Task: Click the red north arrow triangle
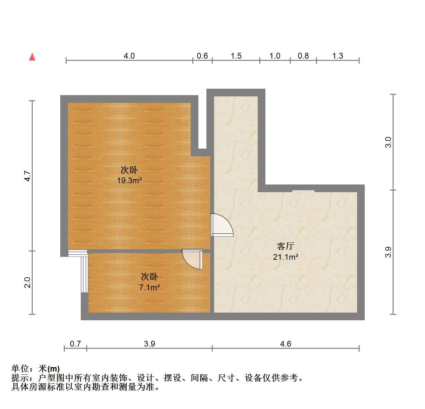point(32,57)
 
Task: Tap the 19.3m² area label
point(129,181)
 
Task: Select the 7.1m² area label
point(149,287)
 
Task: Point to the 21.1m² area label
point(286,257)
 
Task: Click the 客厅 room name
point(286,246)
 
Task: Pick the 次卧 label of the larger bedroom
point(129,170)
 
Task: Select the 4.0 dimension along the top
point(129,56)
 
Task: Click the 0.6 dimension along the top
point(202,56)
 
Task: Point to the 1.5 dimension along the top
point(236,56)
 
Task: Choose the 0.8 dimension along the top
point(303,56)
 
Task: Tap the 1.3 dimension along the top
point(338,56)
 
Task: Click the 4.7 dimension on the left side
point(28,176)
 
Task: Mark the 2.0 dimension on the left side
point(28,282)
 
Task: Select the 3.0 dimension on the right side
point(388,142)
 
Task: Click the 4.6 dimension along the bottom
point(286,344)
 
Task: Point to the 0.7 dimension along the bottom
point(75,344)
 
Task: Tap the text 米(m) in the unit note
point(49,369)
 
